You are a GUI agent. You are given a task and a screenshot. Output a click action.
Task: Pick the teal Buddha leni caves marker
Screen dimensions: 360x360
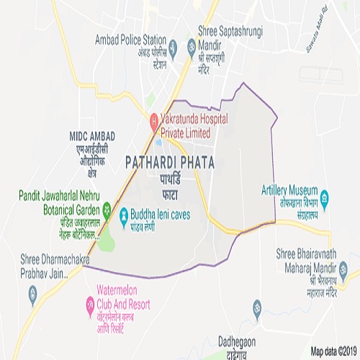(x=124, y=214)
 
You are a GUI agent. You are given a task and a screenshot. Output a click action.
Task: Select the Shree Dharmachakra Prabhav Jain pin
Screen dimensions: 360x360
(x=32, y=292)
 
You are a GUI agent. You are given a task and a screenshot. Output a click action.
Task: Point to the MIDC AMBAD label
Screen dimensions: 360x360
(x=93, y=135)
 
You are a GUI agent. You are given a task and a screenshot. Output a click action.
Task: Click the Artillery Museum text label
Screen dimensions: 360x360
(x=292, y=189)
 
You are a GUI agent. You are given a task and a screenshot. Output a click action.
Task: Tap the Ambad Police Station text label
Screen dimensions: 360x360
(x=132, y=40)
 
